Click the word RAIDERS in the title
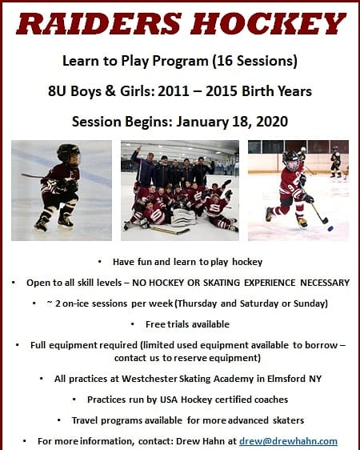(x=99, y=24)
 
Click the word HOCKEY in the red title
(x=268, y=24)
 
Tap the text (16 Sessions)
(x=254, y=61)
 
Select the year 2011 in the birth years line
(x=174, y=91)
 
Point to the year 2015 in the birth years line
(x=222, y=91)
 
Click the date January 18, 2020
(x=232, y=122)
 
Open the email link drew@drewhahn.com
(x=288, y=441)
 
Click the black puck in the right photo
(x=330, y=229)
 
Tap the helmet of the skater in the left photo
(x=68, y=153)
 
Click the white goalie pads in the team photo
(x=183, y=219)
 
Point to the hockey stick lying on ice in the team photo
(x=170, y=230)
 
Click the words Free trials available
(x=187, y=324)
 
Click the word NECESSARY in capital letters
(x=325, y=283)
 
